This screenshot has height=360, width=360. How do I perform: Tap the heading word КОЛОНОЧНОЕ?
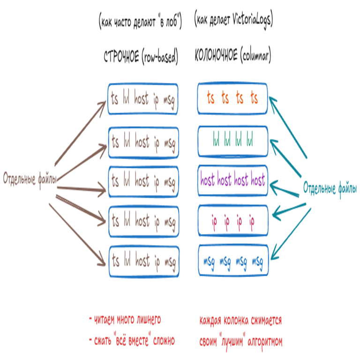click(x=216, y=57)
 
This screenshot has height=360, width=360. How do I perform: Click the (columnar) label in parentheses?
click(x=255, y=57)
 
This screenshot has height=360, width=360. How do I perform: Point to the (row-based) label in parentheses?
click(x=160, y=57)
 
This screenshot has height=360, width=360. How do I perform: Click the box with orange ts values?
click(x=232, y=98)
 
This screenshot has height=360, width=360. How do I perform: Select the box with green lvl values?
click(x=232, y=141)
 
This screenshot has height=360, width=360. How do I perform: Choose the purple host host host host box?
click(x=232, y=180)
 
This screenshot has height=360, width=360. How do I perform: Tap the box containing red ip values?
click(x=232, y=219)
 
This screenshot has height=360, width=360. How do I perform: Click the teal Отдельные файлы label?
click(x=330, y=188)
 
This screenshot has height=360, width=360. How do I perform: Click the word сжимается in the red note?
click(x=265, y=321)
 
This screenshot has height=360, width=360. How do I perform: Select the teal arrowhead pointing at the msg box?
click(x=274, y=257)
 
